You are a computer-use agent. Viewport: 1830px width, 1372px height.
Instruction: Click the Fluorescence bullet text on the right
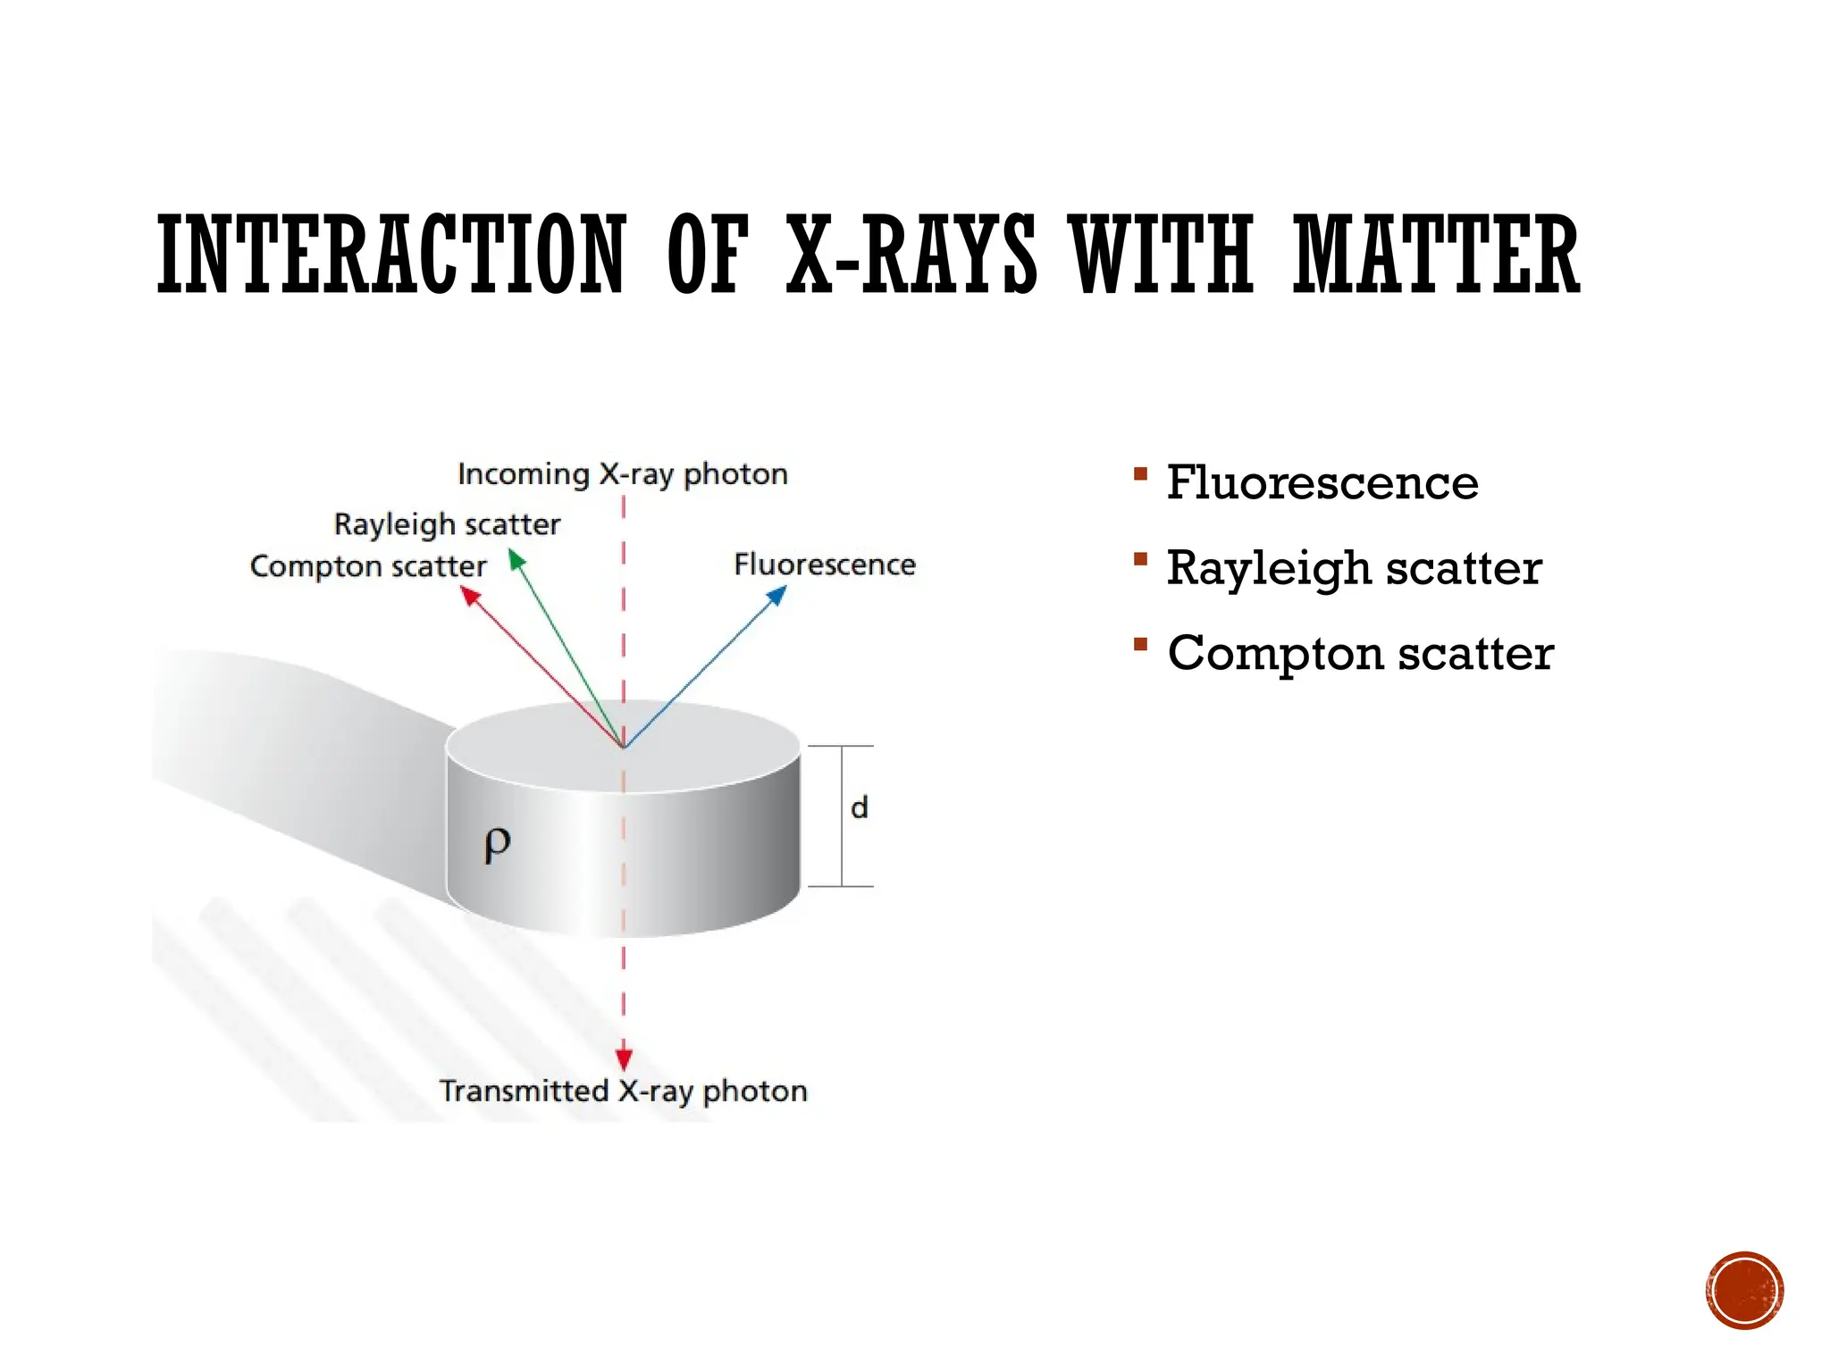tap(1322, 483)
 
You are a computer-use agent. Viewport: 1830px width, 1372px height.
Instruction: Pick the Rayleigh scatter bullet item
tap(1354, 568)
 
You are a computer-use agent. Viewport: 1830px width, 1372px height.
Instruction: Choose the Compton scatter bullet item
tap(1360, 653)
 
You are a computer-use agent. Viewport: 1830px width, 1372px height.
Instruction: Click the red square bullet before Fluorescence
tap(1140, 473)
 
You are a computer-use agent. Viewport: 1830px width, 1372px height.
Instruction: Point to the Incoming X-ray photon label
tap(623, 473)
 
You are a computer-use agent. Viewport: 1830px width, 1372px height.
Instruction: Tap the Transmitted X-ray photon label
tap(623, 1091)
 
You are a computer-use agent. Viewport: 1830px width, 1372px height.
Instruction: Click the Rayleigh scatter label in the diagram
tap(447, 523)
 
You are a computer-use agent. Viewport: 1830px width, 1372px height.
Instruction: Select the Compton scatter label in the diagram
tap(368, 566)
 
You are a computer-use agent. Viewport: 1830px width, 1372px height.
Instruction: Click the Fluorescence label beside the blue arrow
tap(824, 565)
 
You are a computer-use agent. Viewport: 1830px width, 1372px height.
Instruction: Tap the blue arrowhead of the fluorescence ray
tap(779, 594)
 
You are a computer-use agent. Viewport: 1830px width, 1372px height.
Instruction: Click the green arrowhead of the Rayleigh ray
tap(516, 559)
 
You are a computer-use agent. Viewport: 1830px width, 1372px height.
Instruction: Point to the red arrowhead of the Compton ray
tap(470, 595)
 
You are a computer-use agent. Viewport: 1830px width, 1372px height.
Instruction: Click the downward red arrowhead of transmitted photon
tap(624, 1059)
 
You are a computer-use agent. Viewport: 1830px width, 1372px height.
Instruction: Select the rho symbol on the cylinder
tap(497, 843)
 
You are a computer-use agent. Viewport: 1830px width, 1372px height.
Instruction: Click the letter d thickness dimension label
tap(859, 807)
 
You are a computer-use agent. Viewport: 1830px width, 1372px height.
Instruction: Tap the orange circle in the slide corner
tap(1744, 1291)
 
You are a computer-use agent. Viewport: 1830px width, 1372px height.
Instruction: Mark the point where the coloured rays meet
tap(624, 747)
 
